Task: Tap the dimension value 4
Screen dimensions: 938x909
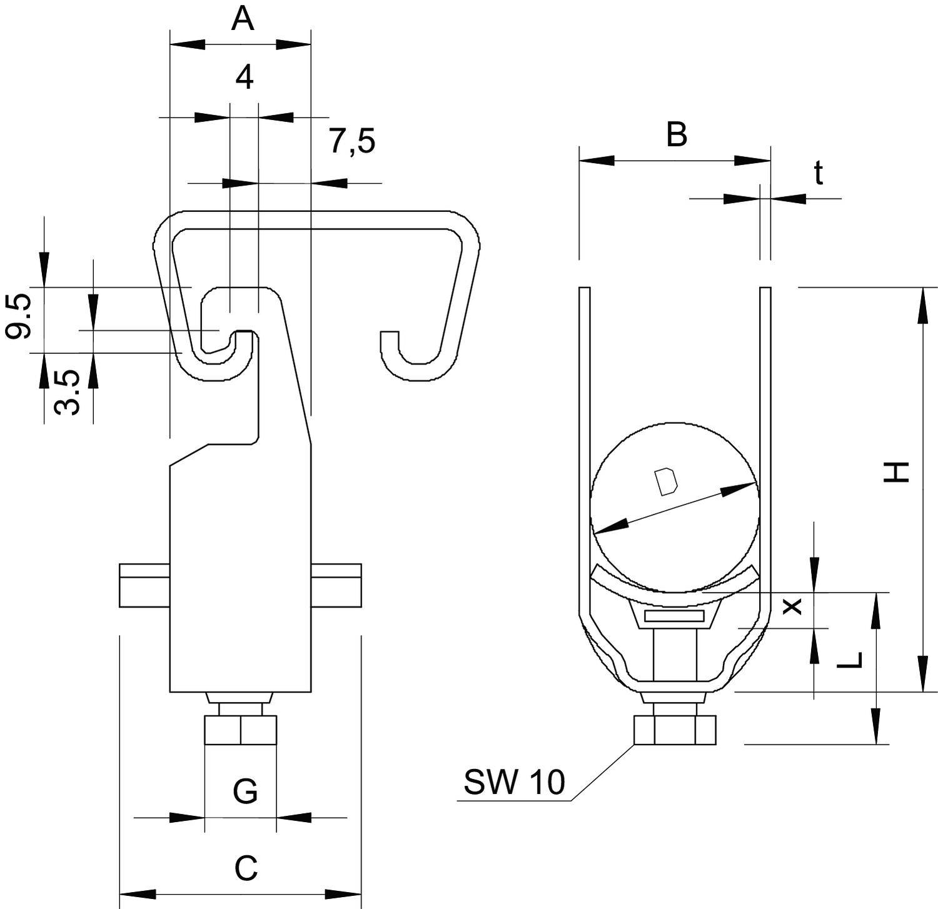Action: click(245, 78)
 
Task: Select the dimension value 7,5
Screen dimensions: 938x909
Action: click(353, 141)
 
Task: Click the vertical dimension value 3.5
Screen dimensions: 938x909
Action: click(67, 392)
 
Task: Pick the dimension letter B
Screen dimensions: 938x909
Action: click(677, 134)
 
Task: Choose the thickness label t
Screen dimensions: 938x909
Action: click(818, 173)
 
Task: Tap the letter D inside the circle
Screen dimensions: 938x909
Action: click(665, 481)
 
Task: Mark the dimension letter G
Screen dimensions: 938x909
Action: click(245, 792)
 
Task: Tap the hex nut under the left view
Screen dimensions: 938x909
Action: click(241, 730)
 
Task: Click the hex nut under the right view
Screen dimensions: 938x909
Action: click(675, 730)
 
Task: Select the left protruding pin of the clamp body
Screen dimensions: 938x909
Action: click(144, 585)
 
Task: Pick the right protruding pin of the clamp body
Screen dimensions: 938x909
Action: click(336, 585)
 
